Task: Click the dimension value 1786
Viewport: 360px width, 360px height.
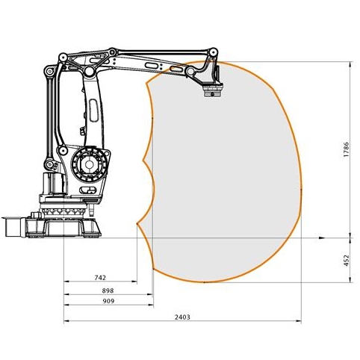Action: coord(346,150)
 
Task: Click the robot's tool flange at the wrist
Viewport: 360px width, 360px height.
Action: coord(214,93)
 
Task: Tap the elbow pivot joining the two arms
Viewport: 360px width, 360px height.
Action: coord(89,72)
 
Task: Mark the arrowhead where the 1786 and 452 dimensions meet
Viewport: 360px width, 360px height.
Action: coord(351,238)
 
